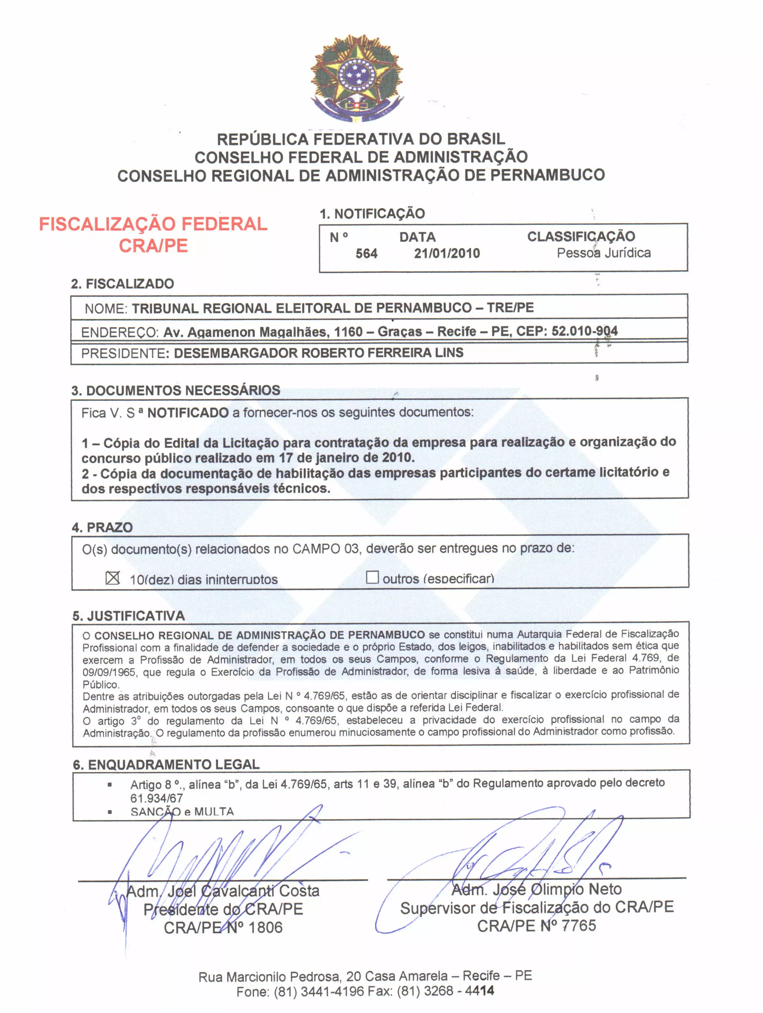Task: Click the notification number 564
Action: [x=366, y=253]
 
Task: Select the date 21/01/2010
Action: [x=447, y=253]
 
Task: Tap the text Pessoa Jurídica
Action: [x=603, y=253]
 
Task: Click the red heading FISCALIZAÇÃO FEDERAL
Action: [x=153, y=224]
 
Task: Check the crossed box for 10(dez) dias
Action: [x=113, y=578]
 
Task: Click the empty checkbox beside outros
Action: [x=372, y=577]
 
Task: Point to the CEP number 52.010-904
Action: [x=585, y=331]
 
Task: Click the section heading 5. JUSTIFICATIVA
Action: [x=129, y=616]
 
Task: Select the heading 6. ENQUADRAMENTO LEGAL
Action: [x=166, y=764]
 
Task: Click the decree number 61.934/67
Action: [x=156, y=798]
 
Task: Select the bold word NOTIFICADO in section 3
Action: [x=188, y=413]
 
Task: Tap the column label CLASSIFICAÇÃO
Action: [x=581, y=236]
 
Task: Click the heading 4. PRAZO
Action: [x=102, y=527]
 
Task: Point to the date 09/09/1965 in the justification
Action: [x=109, y=672]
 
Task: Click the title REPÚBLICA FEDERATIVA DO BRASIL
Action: [x=361, y=139]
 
